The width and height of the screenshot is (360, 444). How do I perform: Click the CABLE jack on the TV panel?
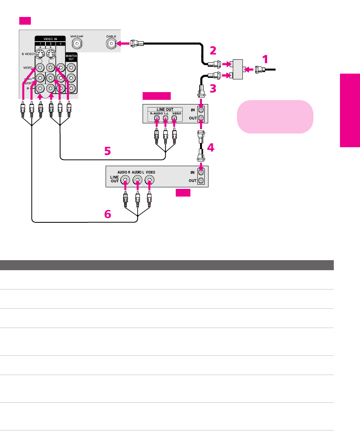112,44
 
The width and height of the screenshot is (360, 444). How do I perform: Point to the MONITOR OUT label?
71,57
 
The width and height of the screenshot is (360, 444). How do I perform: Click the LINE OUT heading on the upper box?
166,109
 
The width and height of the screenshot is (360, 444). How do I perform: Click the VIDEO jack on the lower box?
150,180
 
